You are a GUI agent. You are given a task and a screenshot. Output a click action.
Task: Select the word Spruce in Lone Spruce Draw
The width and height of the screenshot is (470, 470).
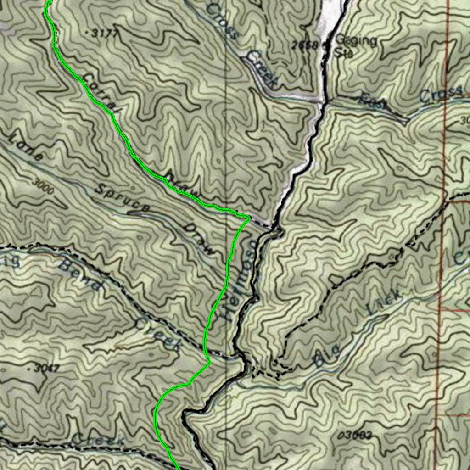point(122,198)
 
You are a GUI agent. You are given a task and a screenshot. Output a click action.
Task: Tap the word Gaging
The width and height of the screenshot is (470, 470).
point(356,40)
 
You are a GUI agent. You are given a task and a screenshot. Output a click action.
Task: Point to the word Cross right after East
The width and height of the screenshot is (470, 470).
point(441,94)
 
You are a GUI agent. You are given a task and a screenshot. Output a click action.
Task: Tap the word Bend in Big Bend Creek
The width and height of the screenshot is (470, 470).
point(80,275)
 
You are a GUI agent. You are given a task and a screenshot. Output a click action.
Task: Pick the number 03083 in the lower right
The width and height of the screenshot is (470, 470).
point(354,435)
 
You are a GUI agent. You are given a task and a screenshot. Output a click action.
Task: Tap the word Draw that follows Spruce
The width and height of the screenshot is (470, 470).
point(198,239)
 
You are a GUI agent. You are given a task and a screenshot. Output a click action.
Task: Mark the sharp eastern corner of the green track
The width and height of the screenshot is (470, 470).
point(248,217)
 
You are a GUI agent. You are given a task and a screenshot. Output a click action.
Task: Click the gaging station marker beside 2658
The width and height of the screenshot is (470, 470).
point(327,45)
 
